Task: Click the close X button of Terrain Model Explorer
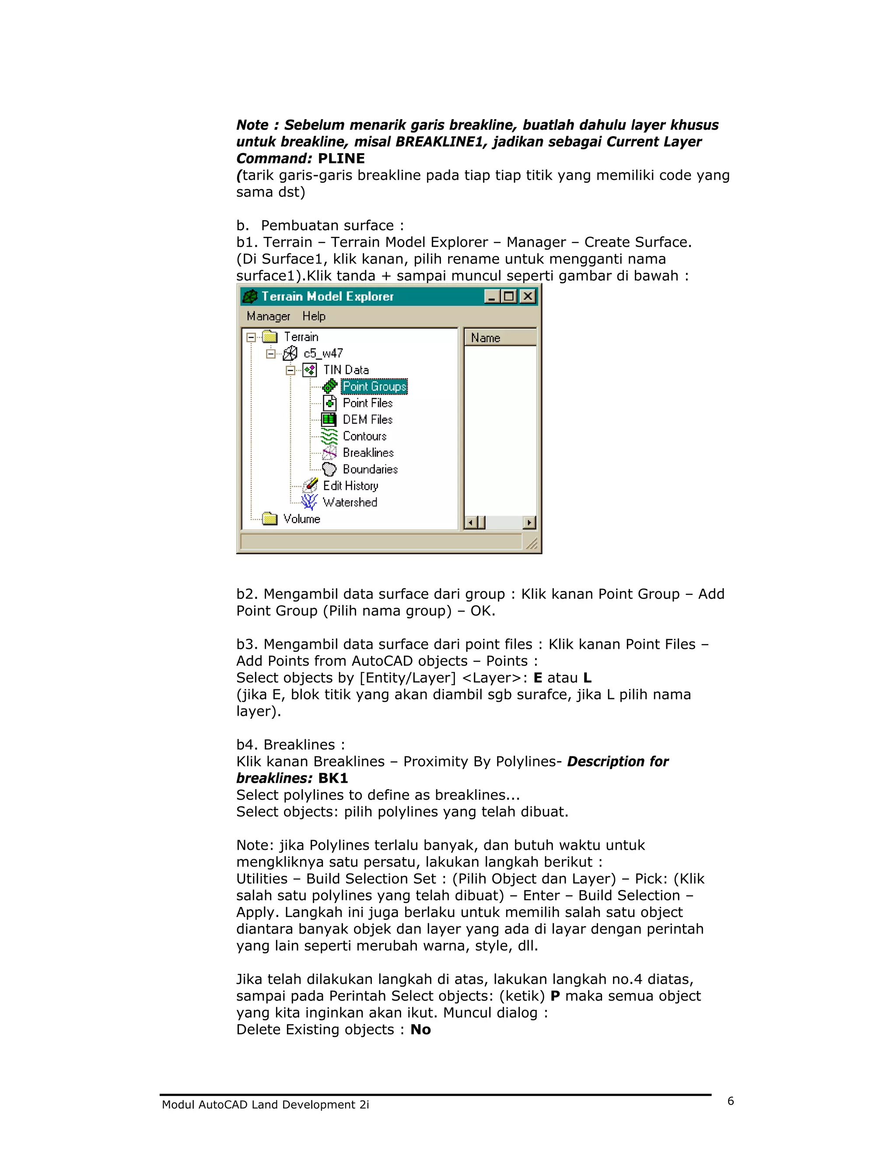(x=528, y=296)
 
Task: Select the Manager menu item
(x=268, y=316)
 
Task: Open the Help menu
(x=314, y=316)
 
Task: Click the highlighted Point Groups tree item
(x=374, y=387)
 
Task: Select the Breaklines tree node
(x=368, y=453)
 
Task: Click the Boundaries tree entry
(x=370, y=469)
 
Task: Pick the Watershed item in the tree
(x=350, y=502)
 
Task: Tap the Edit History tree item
(x=350, y=485)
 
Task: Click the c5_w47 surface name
(x=323, y=353)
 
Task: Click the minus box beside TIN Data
(x=290, y=370)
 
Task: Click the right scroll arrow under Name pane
(x=529, y=523)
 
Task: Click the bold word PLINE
(x=341, y=158)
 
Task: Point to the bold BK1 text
(x=333, y=778)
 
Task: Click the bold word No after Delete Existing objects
(x=420, y=1030)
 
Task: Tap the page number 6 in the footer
(x=730, y=1101)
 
